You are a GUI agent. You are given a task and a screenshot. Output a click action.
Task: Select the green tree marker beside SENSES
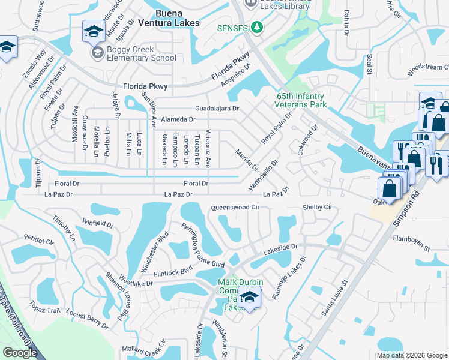tap(256, 28)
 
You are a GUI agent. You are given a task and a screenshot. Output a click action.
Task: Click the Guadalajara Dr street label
tap(217, 109)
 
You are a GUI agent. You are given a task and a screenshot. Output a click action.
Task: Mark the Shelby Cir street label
tap(318, 208)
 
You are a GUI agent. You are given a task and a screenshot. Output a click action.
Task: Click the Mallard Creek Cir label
tap(145, 348)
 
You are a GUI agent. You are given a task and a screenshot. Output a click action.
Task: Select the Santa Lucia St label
tap(335, 298)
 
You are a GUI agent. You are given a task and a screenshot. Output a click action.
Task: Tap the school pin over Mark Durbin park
tap(249, 296)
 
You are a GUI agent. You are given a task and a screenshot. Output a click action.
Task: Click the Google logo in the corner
tap(20, 353)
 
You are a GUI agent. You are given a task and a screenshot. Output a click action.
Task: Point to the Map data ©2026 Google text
tap(411, 355)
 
